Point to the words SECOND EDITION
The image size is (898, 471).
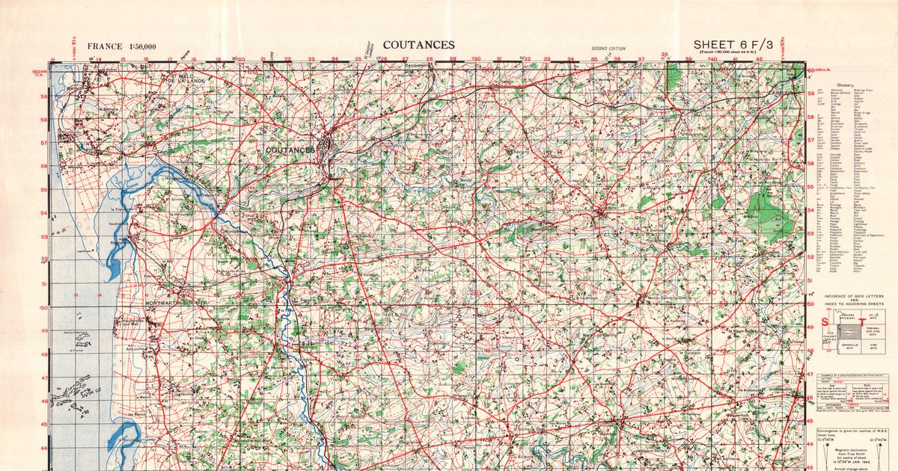click(x=608, y=47)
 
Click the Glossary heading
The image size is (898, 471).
click(x=849, y=85)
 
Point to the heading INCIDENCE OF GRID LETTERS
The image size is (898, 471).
click(x=854, y=296)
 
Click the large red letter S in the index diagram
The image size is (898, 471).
click(x=825, y=322)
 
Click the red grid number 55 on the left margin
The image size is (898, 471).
click(x=43, y=190)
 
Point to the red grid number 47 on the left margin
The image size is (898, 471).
click(x=43, y=378)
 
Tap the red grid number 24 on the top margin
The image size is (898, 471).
click(x=335, y=59)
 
